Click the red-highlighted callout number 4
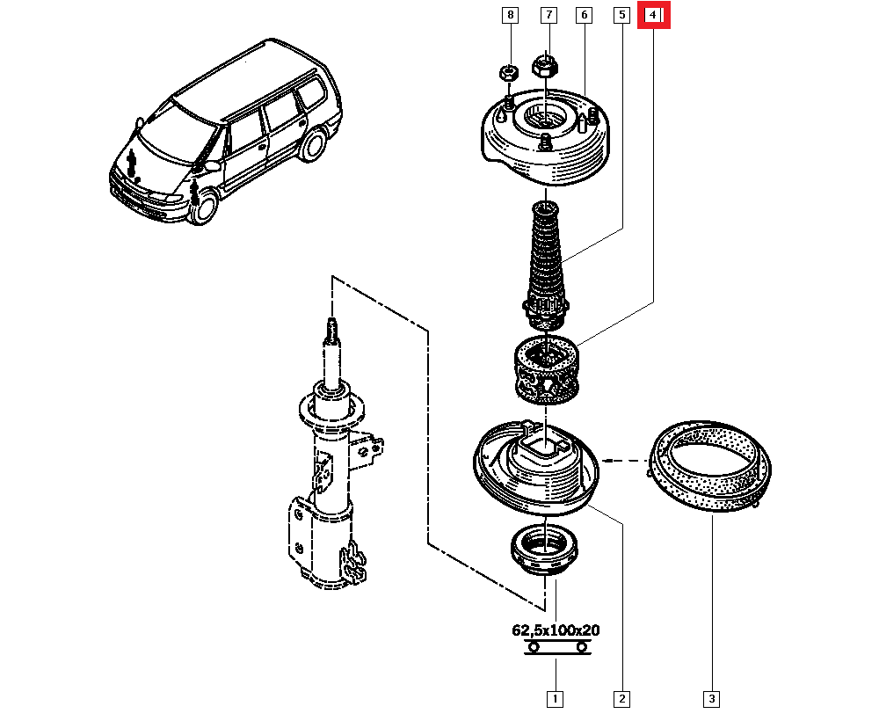(x=653, y=15)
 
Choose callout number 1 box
(x=555, y=699)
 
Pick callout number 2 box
(x=621, y=699)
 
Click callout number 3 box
(x=711, y=699)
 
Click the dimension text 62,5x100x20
(x=556, y=630)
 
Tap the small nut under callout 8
(x=507, y=72)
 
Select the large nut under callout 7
(x=544, y=64)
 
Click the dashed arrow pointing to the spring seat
(x=624, y=459)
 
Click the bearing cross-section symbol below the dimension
(x=556, y=647)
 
